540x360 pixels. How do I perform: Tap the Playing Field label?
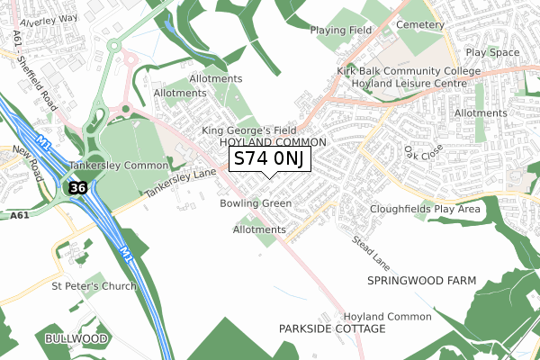341,31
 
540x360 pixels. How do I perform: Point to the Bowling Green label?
256,204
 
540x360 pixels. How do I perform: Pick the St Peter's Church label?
94,286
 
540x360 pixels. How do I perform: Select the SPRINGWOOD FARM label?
421,281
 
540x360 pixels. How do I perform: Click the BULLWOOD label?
76,338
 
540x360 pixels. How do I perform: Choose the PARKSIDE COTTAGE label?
332,329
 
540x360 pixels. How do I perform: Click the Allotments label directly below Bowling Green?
258,230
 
